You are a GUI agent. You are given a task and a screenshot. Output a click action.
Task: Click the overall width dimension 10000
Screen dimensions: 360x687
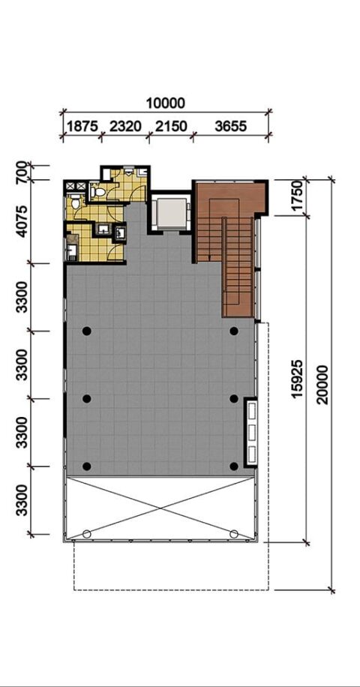(x=166, y=103)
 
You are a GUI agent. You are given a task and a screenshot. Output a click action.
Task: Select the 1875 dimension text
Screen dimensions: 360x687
(x=82, y=127)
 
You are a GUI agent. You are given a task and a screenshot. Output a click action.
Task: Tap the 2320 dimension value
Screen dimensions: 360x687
(x=126, y=127)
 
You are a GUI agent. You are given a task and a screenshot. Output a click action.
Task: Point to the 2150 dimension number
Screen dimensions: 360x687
(x=171, y=127)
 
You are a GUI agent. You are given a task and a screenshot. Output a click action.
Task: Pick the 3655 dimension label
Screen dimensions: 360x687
(x=231, y=127)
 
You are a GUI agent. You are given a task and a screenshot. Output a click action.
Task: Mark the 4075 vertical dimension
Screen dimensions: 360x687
(x=22, y=221)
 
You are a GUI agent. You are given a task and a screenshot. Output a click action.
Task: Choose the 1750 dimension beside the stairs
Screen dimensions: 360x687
(x=297, y=197)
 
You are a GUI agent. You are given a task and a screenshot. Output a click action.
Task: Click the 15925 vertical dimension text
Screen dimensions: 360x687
(x=298, y=379)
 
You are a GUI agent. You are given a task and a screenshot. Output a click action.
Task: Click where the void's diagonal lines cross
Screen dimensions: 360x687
(x=160, y=508)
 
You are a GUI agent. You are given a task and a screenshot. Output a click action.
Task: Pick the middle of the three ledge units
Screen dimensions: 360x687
(x=252, y=430)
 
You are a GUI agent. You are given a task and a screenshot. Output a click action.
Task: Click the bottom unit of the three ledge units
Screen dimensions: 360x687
(x=252, y=452)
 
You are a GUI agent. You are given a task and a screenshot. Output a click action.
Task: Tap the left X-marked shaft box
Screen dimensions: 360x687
(x=70, y=187)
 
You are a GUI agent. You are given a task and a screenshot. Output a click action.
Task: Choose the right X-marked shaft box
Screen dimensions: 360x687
(x=81, y=187)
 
